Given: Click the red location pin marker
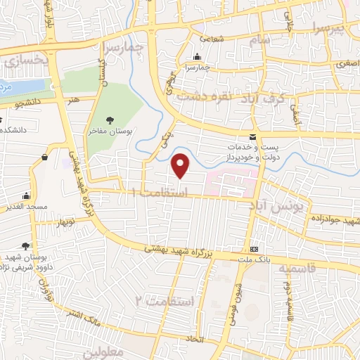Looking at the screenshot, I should click(x=181, y=166).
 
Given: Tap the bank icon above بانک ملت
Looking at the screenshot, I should click(x=254, y=249).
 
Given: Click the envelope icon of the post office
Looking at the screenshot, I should click(x=253, y=136).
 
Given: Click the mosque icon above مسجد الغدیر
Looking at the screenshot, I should click(x=26, y=195).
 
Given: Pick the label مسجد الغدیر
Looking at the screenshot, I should click(x=27, y=207).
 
